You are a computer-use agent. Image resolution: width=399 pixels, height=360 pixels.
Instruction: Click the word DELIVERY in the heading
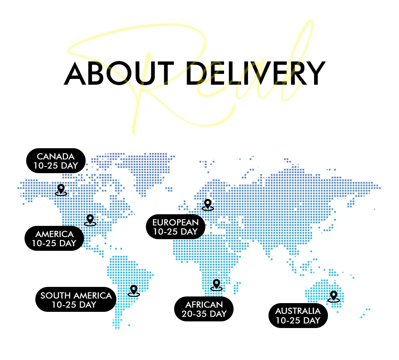(x=255, y=74)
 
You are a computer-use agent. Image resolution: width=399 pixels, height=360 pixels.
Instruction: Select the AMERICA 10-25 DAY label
(x=54, y=239)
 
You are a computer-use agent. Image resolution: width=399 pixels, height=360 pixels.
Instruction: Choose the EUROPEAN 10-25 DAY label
(x=175, y=227)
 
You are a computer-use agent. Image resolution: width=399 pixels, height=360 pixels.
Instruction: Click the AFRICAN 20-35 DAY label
(x=204, y=309)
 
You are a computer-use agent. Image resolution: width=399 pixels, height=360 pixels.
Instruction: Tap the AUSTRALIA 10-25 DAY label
(x=298, y=316)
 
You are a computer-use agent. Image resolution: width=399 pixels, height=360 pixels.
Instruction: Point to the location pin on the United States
(x=90, y=220)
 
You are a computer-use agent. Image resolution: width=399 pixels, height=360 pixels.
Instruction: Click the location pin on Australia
(x=333, y=296)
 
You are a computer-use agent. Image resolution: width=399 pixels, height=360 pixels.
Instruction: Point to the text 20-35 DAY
(x=204, y=314)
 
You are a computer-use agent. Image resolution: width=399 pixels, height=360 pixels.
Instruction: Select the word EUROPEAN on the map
(x=175, y=222)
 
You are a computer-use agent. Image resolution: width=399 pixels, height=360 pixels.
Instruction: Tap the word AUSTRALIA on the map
(x=298, y=311)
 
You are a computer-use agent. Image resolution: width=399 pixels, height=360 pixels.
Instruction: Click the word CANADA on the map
(x=56, y=157)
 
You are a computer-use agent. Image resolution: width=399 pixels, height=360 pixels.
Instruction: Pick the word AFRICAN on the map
(x=204, y=305)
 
